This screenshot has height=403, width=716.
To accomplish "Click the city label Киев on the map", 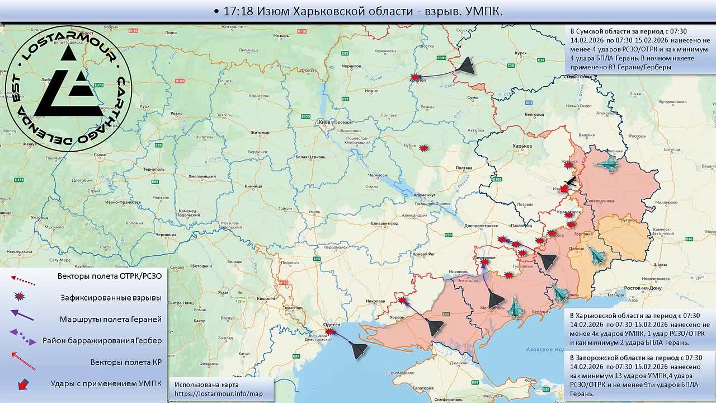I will pyautogui.click(x=323, y=121).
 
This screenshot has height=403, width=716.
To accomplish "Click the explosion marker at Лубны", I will pyautogui.click(x=424, y=148).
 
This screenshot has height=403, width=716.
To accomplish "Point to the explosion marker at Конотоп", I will pyautogui.click(x=415, y=77).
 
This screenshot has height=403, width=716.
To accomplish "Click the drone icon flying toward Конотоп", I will pyautogui.click(x=465, y=67).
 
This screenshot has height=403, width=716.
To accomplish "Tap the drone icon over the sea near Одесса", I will pyautogui.click(x=359, y=350).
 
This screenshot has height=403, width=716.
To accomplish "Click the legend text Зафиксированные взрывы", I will pyautogui.click(x=111, y=298).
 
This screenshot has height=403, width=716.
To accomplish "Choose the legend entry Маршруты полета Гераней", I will pyautogui.click(x=110, y=319).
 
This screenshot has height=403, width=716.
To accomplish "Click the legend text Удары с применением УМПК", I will pyautogui.click(x=106, y=383).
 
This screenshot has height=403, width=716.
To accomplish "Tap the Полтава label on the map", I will pyautogui.click(x=464, y=168).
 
